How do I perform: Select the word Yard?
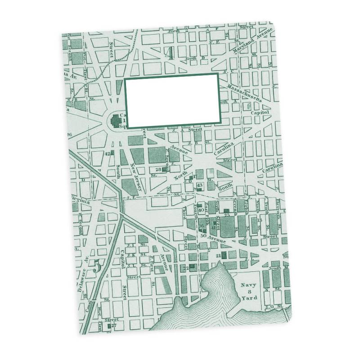pos(250,297)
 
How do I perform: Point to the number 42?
pos(108,153)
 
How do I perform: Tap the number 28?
pos(158,170)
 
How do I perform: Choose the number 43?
pos(200,185)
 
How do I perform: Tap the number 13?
pos(260,220)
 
